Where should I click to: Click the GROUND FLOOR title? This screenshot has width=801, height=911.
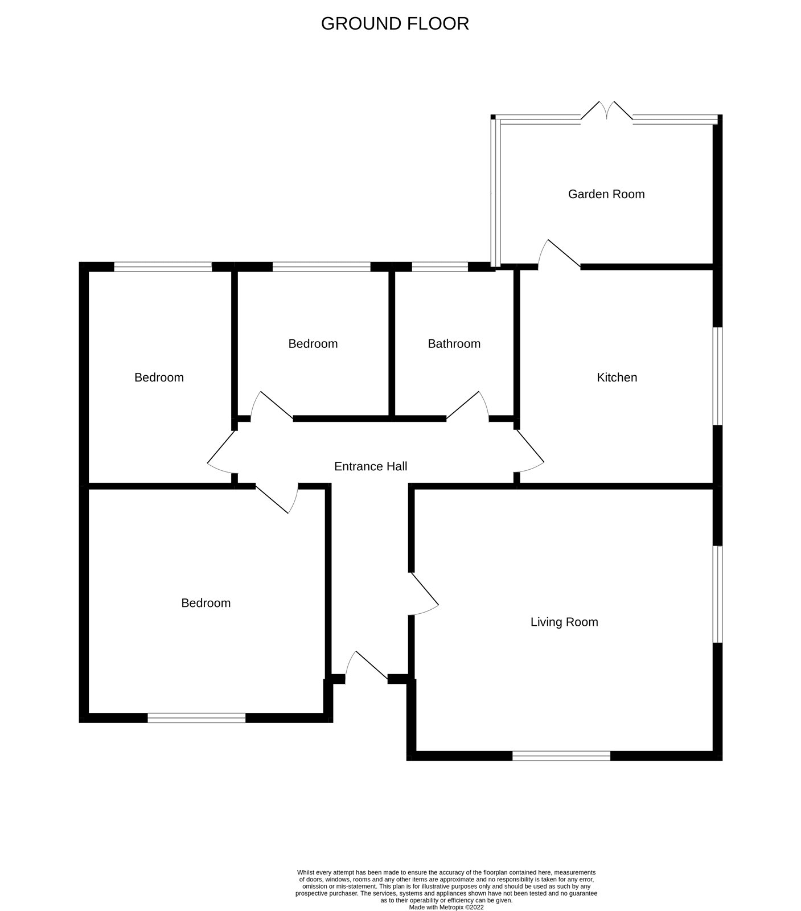pyautogui.click(x=395, y=23)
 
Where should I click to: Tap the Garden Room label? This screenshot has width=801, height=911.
pyautogui.click(x=606, y=194)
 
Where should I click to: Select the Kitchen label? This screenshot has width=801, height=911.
pyautogui.click(x=617, y=377)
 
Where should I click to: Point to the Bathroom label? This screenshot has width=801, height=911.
pyautogui.click(x=454, y=344)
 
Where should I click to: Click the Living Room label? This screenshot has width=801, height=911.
pyautogui.click(x=564, y=622)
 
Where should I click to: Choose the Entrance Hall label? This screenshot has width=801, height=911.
pyautogui.click(x=371, y=466)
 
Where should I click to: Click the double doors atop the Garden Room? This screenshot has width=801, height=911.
pyautogui.click(x=607, y=112)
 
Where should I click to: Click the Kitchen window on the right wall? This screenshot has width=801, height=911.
pyautogui.click(x=718, y=376)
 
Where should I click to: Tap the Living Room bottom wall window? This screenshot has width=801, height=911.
pyautogui.click(x=561, y=756)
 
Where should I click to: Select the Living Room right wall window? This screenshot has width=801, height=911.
pyautogui.click(x=718, y=594)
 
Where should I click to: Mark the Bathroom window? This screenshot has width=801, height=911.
pyautogui.click(x=440, y=266)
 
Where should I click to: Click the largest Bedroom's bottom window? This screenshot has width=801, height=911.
pyautogui.click(x=196, y=718)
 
